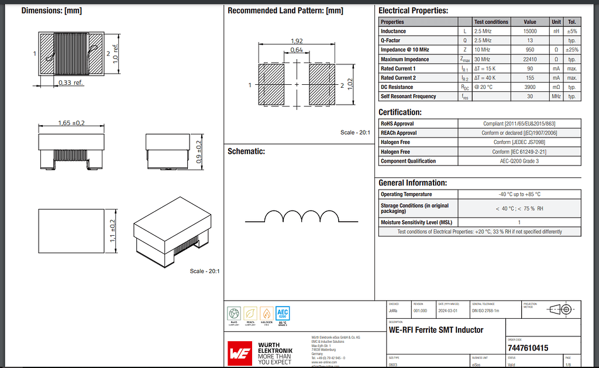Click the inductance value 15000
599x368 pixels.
click(530, 31)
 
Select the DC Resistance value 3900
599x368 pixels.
click(530, 87)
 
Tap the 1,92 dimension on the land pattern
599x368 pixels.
click(297, 41)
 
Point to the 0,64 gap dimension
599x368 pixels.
click(297, 51)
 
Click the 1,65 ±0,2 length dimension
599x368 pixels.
click(71, 123)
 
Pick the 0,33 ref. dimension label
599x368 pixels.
click(71, 83)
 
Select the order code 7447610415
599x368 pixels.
click(528, 348)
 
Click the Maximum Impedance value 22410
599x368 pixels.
click(530, 59)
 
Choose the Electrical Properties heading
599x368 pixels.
click(413, 11)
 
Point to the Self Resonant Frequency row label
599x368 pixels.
click(408, 97)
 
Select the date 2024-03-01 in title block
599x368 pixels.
click(449, 311)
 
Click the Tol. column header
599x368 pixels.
click(572, 22)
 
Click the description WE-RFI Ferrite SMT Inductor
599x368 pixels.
click(436, 330)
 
